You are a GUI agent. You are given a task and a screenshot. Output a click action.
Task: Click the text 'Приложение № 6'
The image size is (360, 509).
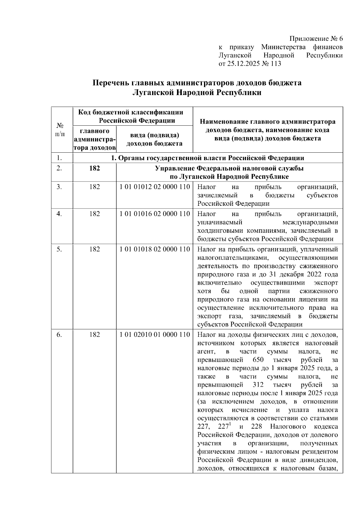[x=316, y=39]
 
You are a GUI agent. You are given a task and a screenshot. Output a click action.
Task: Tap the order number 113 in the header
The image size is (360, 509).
[x=276, y=64]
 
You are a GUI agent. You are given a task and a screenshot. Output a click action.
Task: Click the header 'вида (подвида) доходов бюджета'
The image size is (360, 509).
[x=154, y=139]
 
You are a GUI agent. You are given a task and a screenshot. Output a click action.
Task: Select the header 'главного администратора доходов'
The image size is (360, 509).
[x=94, y=139]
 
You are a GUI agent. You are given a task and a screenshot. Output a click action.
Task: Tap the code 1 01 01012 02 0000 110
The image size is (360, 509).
[x=154, y=187]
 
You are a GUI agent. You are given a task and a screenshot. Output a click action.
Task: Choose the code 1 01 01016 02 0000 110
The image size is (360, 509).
[x=154, y=214]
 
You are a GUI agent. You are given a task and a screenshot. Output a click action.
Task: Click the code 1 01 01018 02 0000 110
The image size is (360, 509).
[x=154, y=249]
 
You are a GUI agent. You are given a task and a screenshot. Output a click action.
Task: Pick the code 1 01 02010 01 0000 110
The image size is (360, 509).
[x=154, y=334]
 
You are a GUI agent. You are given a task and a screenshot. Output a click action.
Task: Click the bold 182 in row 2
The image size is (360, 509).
[x=94, y=168]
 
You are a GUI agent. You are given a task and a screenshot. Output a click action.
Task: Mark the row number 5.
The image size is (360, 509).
[x=59, y=249]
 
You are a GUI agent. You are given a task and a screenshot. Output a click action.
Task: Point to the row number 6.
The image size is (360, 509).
[x=59, y=334]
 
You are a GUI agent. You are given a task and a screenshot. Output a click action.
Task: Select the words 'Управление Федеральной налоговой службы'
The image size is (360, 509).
[x=229, y=168]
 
